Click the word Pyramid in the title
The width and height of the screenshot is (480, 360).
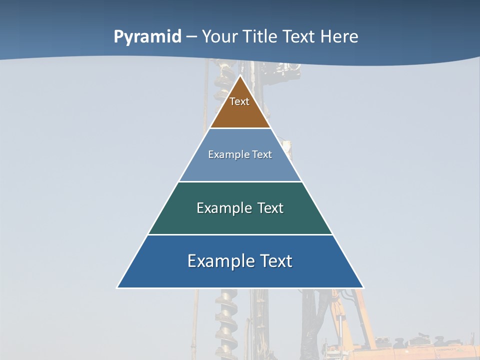147,37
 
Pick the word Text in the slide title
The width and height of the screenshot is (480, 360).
299,37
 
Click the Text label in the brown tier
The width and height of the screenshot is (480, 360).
239,101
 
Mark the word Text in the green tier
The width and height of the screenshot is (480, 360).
270,208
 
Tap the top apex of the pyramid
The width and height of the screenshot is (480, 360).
240,76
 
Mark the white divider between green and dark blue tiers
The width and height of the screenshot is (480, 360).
240,234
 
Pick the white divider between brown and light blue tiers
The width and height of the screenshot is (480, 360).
240,128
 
